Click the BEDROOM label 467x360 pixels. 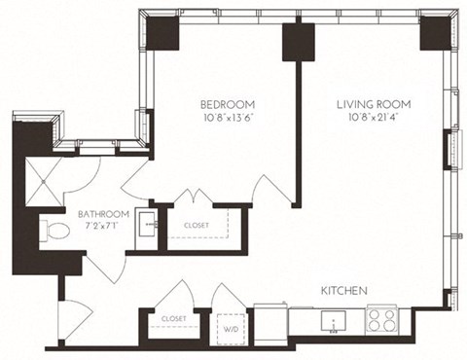point(228,104)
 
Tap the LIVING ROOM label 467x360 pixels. point(374,104)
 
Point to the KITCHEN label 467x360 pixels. point(344,291)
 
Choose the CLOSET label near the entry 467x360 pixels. point(174,318)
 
